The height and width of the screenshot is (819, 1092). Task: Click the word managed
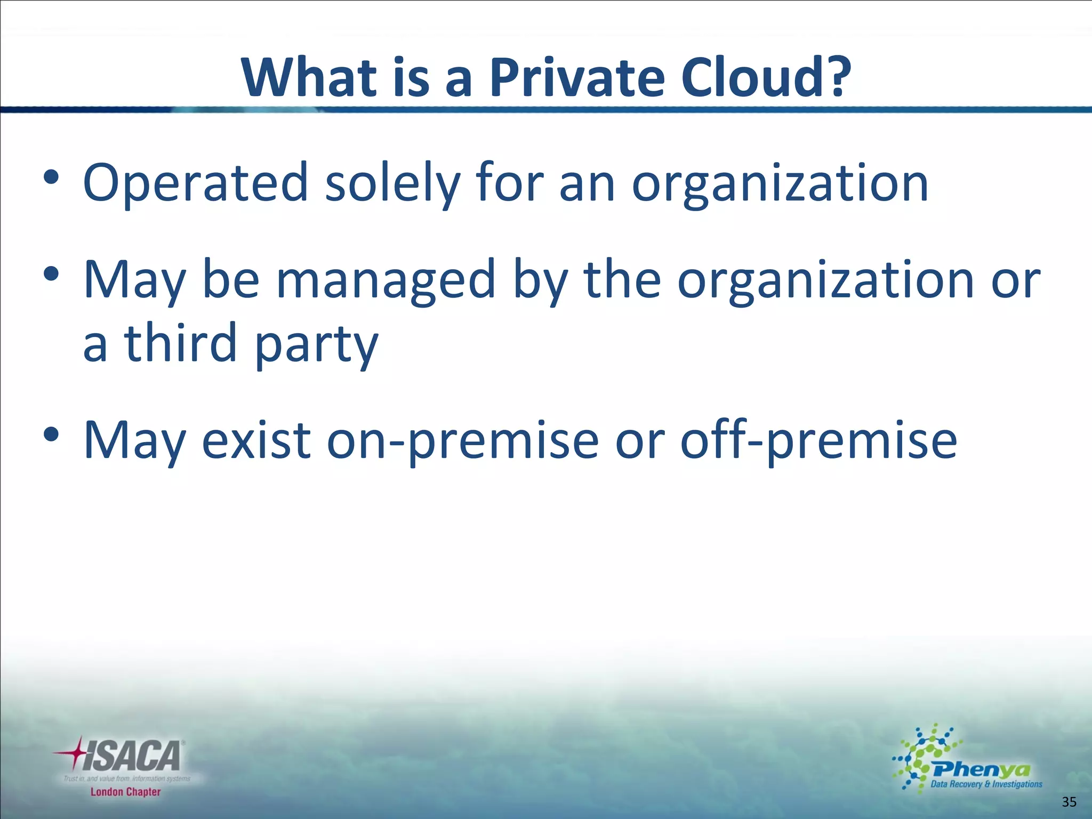(x=386, y=282)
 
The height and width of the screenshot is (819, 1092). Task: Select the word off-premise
(x=819, y=441)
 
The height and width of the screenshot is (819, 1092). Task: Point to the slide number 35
(x=1069, y=801)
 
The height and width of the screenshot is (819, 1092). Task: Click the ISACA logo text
(x=133, y=757)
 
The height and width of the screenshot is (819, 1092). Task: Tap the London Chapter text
(x=125, y=792)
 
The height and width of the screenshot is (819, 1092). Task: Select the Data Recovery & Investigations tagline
(x=986, y=784)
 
